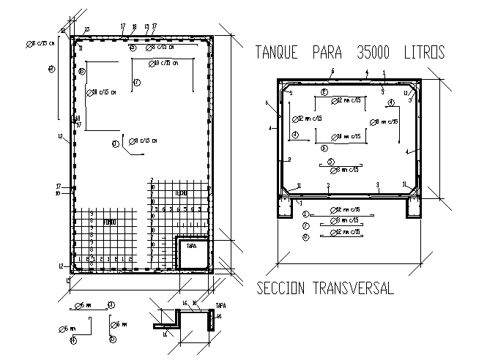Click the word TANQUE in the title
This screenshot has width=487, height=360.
276,53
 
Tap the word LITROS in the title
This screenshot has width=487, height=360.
423,53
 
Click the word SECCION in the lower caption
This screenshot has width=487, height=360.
282,288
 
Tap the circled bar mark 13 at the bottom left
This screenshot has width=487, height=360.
111,304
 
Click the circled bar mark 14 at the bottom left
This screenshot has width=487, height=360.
73,340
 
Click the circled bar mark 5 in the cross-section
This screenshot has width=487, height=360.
331,162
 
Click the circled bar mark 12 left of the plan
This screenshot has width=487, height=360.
51,70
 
